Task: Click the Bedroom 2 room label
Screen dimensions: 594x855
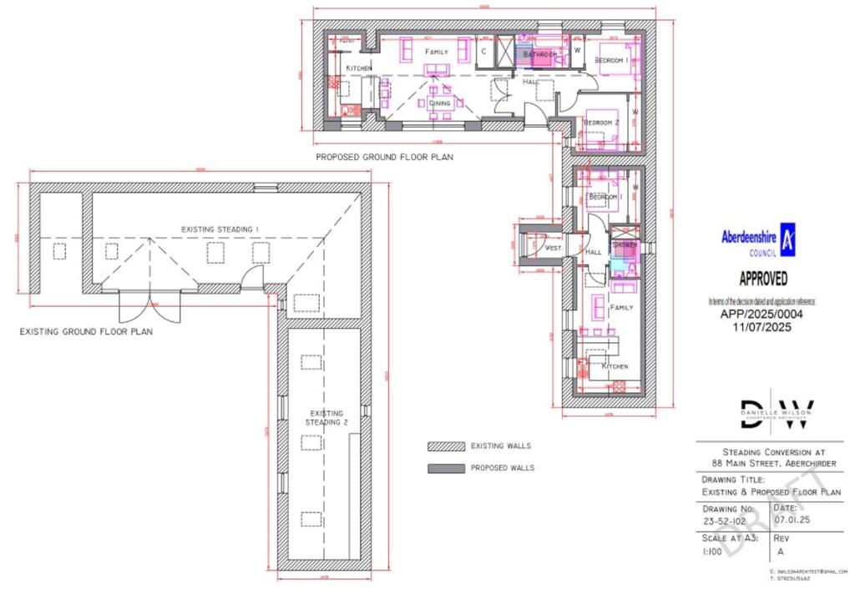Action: click(601, 123)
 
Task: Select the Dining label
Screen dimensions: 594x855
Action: click(440, 103)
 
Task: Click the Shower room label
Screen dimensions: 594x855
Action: click(625, 245)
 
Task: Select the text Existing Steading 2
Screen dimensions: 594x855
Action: click(326, 417)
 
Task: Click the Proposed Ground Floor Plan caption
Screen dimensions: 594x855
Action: click(384, 156)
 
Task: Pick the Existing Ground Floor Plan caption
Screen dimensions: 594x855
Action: click(86, 331)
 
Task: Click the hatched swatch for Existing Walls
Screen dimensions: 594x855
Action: click(445, 446)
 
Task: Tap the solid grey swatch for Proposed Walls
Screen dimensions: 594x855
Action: click(445, 468)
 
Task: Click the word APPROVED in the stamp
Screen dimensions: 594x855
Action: click(762, 279)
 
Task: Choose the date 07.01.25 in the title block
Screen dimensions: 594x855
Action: click(792, 520)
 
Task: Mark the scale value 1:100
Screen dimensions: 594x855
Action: click(711, 551)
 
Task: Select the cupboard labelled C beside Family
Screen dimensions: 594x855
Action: click(484, 52)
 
